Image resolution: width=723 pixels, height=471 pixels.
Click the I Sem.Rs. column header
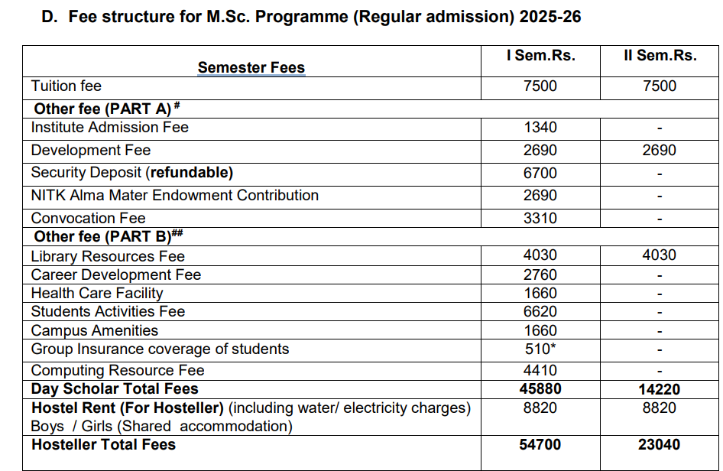540,56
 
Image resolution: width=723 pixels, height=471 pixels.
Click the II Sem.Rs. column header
660,56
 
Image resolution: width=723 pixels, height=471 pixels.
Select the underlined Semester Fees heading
251,67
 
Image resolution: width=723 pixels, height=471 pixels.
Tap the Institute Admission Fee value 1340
540,128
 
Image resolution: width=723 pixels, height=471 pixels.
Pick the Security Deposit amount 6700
540,173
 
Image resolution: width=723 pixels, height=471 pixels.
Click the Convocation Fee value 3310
540,218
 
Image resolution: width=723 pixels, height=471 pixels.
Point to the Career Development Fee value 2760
540,274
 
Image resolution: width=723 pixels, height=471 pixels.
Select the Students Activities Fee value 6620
540,312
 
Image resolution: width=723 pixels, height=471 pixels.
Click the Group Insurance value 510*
540,349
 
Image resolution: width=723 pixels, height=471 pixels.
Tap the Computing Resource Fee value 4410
540,371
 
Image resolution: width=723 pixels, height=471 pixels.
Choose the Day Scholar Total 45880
540,389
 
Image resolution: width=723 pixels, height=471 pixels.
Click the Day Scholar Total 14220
660,389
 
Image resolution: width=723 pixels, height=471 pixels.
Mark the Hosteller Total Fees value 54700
540,445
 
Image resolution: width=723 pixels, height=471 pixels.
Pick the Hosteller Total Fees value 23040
660,445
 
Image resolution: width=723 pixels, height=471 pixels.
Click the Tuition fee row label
66,86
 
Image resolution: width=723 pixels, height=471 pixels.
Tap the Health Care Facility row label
97,293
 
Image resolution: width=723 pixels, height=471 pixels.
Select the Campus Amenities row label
94,330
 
